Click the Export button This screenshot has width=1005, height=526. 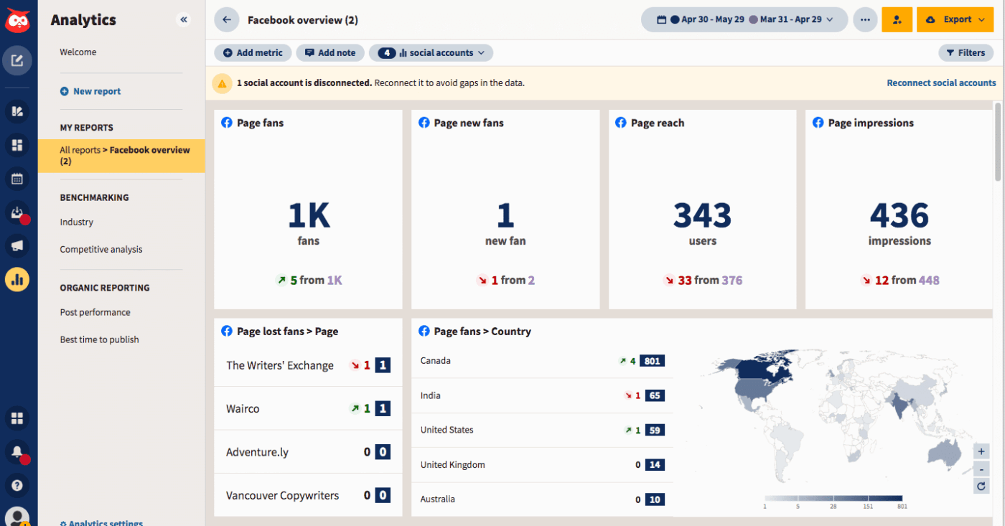pos(955,20)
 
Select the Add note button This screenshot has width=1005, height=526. pos(330,52)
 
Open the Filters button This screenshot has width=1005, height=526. pos(966,52)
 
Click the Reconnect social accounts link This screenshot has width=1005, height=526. pos(941,83)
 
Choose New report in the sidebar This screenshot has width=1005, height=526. pos(96,91)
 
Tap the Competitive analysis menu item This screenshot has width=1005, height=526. pos(101,250)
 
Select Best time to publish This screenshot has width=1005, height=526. pos(99,339)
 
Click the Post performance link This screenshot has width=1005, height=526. pos(95,312)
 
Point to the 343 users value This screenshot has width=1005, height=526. pos(702,215)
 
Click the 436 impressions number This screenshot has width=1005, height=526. pos(899,215)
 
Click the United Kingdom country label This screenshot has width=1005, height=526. pos(452,465)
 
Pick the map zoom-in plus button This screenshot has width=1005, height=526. pos(981,451)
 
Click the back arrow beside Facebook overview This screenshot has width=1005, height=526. pos(227,20)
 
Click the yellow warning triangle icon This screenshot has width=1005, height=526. pos(222,83)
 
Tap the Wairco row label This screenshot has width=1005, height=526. pos(243,409)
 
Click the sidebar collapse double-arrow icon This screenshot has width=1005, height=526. pos(184,20)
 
